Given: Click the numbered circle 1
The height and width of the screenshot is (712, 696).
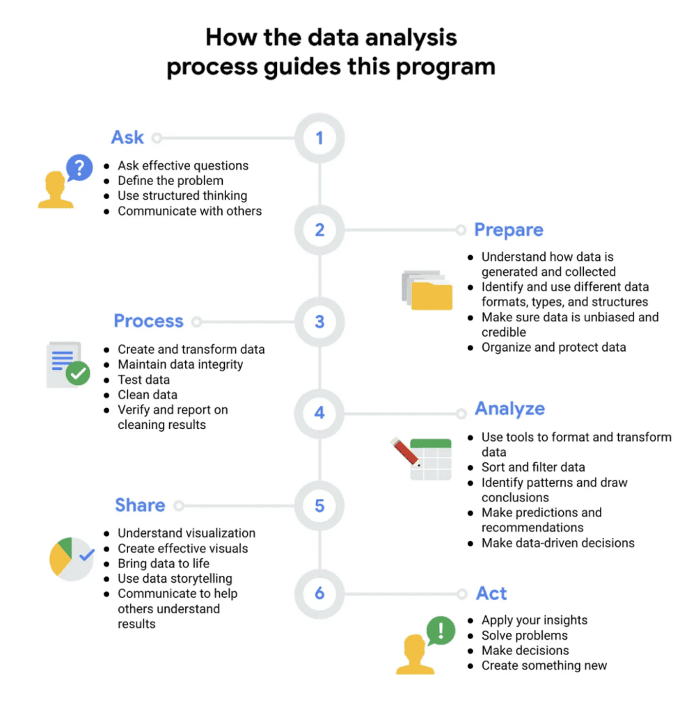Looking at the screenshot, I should pos(319,138).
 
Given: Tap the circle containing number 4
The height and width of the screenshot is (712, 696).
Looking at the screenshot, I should pos(319,413).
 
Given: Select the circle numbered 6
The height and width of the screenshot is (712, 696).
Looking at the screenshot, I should pos(319,593).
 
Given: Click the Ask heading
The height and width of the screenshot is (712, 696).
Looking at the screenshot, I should pos(127,138).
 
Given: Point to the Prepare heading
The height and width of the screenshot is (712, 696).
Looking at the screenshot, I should pos(509,230).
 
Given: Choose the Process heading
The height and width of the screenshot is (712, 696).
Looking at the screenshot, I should pos(148,321).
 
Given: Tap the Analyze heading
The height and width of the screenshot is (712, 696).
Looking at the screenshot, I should pos(509,409).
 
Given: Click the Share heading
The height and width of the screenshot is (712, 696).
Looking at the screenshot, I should pos(140,505).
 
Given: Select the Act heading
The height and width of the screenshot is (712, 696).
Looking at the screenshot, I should pos(491,594).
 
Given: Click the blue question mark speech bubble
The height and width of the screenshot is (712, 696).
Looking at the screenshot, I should pos(79,168).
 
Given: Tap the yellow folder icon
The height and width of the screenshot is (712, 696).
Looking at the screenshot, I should pos(432,295).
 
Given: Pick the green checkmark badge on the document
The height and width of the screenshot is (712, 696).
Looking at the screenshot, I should pos(77,373).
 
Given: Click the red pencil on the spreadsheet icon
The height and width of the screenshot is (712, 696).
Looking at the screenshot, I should pos(405,451).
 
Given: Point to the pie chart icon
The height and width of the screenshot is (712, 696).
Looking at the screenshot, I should pos(70,558).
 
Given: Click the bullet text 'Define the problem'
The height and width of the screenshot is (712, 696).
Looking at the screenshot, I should pos(171,181).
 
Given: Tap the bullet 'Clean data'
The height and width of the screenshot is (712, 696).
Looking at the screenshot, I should pos(148,395).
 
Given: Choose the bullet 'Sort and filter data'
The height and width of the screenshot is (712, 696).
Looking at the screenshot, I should pos(533,467).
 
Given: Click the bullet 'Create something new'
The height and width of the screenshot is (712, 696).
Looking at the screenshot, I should pos(544,665).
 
